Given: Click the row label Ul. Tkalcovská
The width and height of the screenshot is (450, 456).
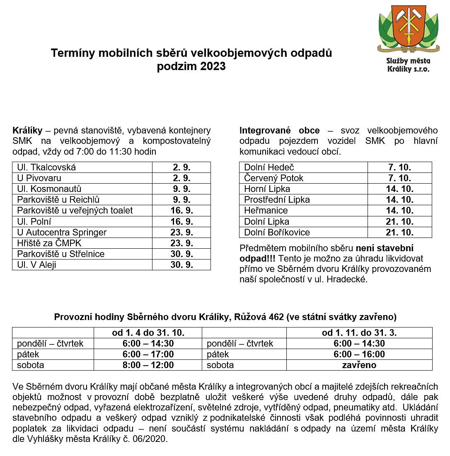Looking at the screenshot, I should point(46,167).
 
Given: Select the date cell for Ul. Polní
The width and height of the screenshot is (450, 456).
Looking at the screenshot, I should point(182,221).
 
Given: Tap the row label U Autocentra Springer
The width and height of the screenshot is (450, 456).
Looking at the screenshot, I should point(62,232).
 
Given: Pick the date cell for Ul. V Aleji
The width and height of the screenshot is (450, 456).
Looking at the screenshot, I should point(182,264).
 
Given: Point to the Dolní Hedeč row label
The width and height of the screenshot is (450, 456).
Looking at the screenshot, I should point(269,167).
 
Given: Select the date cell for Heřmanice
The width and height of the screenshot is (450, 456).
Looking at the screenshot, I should point(400,211).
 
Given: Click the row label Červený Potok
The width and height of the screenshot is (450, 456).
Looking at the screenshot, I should point(273,178).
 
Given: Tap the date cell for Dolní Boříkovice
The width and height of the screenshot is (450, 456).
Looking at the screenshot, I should point(400,232).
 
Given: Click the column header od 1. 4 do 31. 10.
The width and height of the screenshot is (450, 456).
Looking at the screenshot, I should point(148,332).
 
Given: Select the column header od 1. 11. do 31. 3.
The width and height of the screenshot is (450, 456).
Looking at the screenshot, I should point(359,332).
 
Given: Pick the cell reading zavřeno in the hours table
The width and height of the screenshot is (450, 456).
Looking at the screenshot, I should point(359,365).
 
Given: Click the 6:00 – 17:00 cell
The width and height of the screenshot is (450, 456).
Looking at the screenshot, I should point(148,354).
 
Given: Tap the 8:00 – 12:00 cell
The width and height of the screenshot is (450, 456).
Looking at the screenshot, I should point(148,365).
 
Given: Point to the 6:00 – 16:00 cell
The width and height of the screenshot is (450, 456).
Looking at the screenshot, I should point(359,354).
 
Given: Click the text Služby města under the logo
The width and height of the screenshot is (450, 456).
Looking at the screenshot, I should point(408,61).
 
